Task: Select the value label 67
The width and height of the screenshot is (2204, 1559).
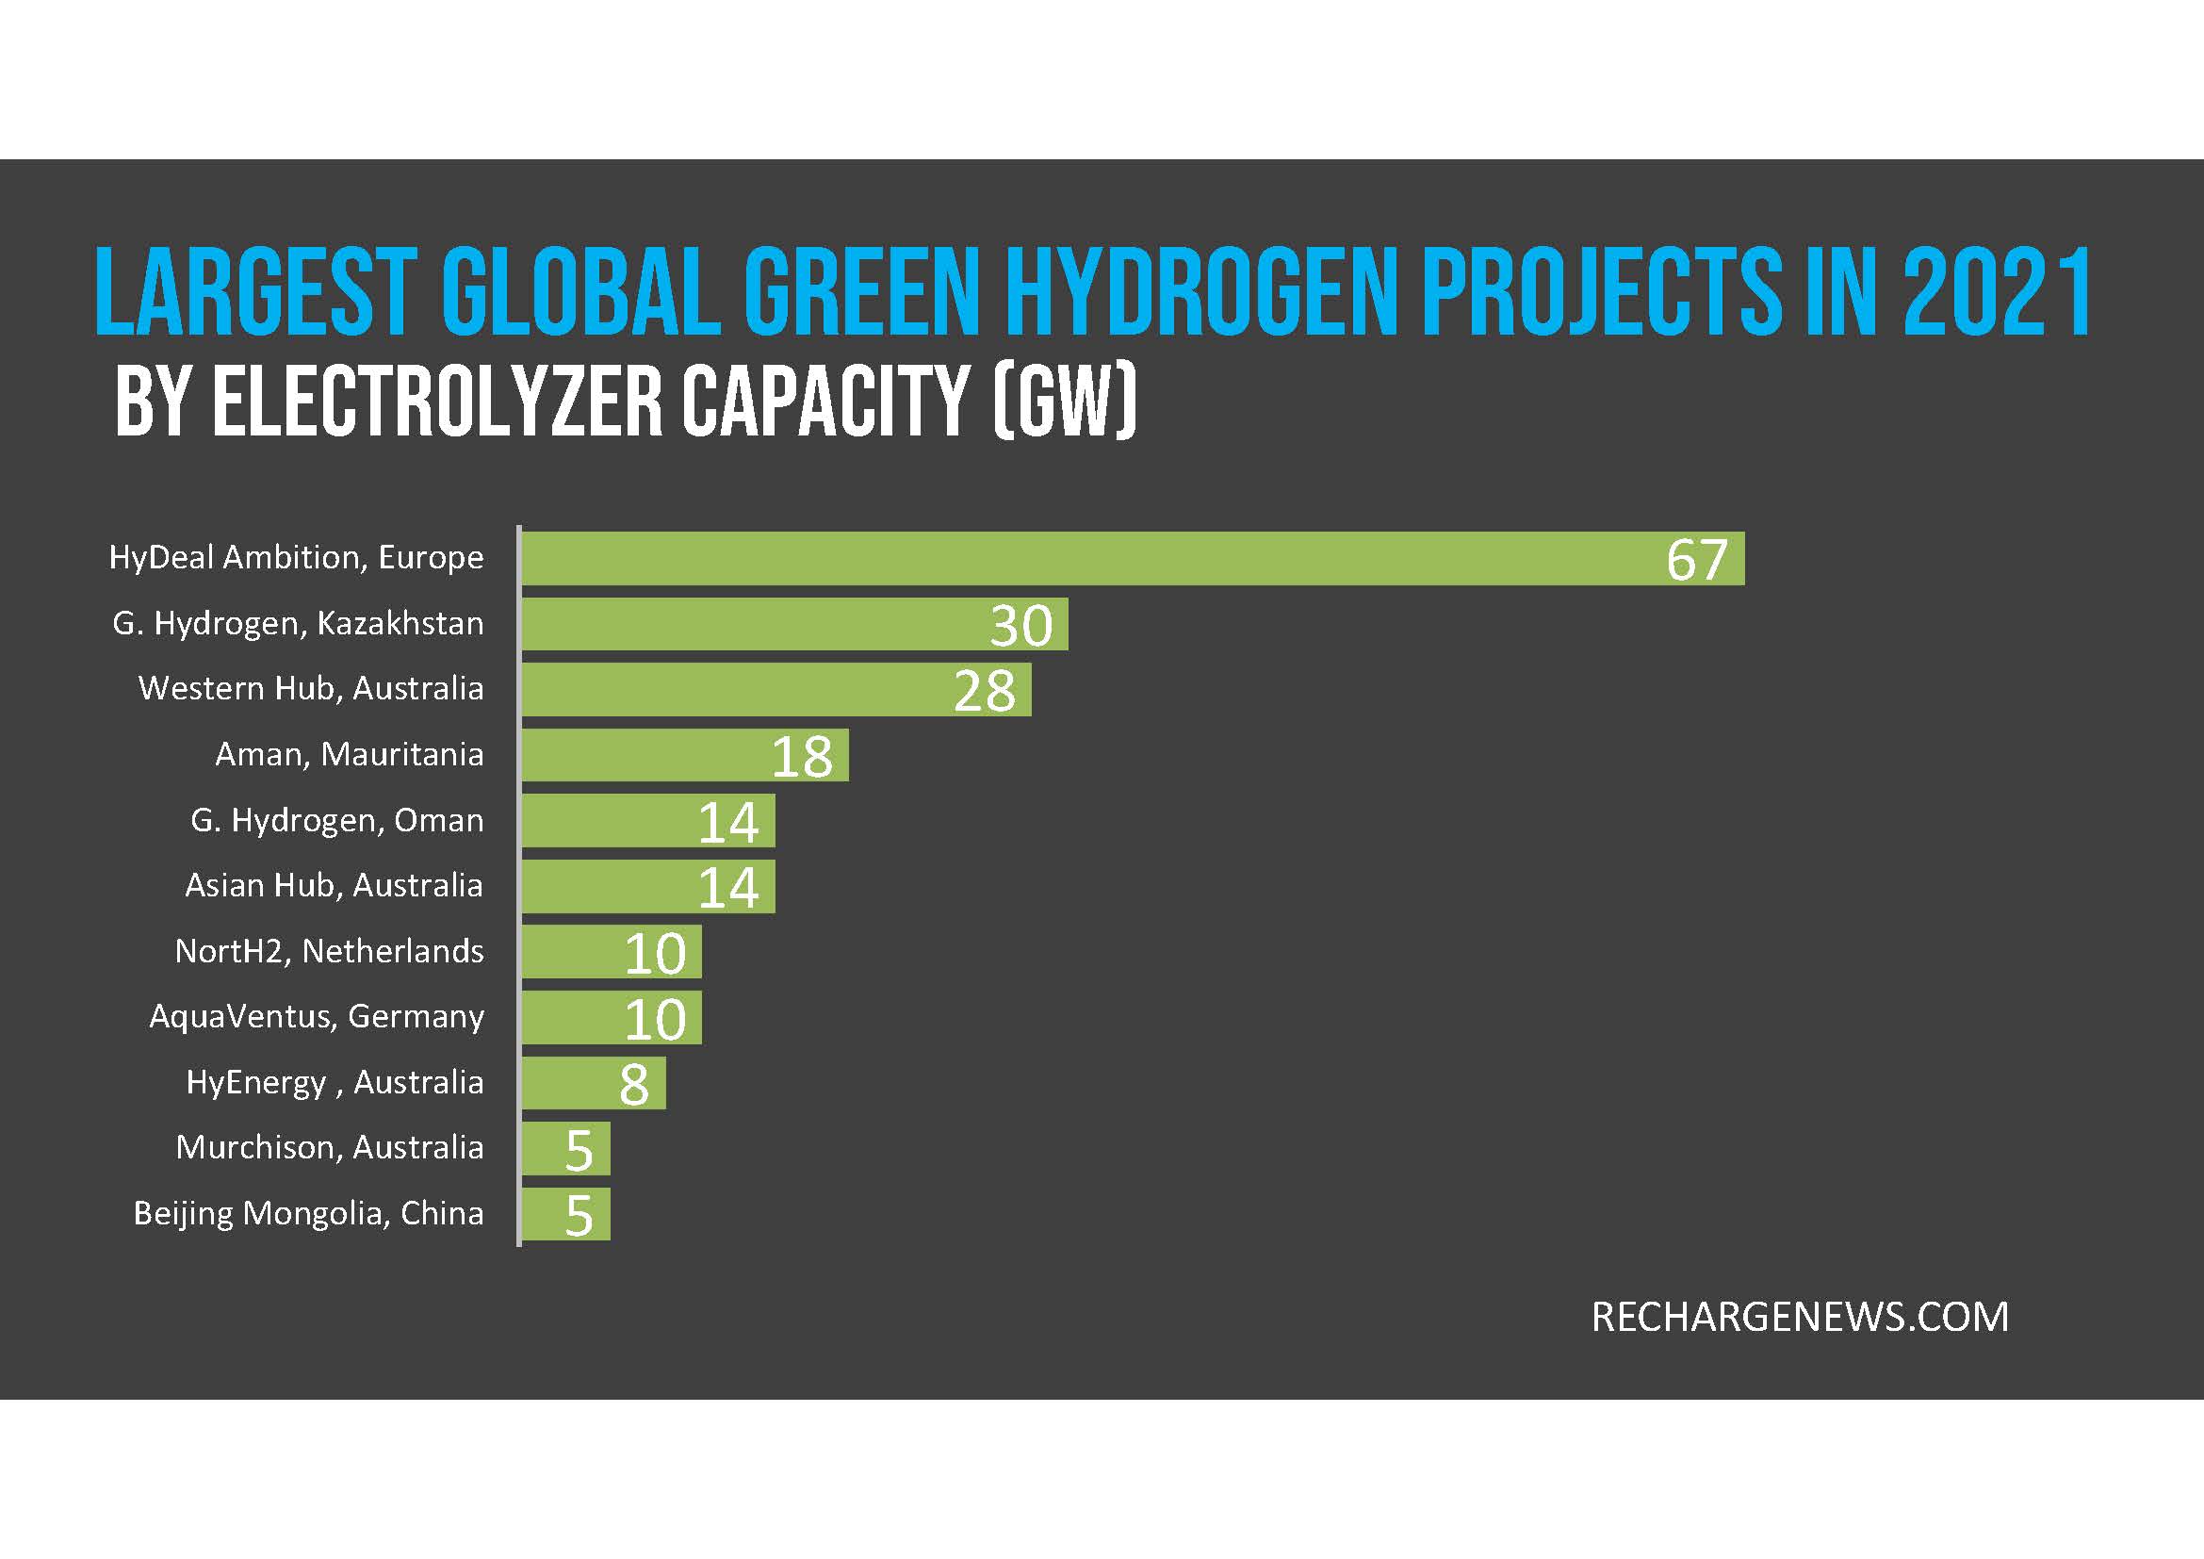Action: pyautogui.click(x=1696, y=561)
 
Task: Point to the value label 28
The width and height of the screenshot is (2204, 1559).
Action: pyautogui.click(x=984, y=691)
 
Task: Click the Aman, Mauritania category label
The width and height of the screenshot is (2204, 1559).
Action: pyautogui.click(x=350, y=755)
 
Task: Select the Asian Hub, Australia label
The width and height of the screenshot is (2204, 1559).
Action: pyautogui.click(x=335, y=885)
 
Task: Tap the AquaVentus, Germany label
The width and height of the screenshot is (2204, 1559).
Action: pyautogui.click(x=317, y=1017)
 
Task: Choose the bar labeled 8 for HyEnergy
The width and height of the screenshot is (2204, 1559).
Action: pyautogui.click(x=594, y=1083)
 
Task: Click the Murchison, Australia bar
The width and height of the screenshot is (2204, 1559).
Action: pyautogui.click(x=566, y=1148)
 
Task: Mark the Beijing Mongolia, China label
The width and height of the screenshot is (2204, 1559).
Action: pyautogui.click(x=308, y=1213)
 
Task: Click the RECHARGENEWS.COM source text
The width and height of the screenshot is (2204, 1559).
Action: pyautogui.click(x=1800, y=1317)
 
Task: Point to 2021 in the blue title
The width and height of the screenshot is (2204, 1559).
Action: pyautogui.click(x=1997, y=293)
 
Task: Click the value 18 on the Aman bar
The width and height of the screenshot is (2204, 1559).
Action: pyautogui.click(x=802, y=757)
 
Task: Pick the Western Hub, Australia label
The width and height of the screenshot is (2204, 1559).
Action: pyautogui.click(x=311, y=688)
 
